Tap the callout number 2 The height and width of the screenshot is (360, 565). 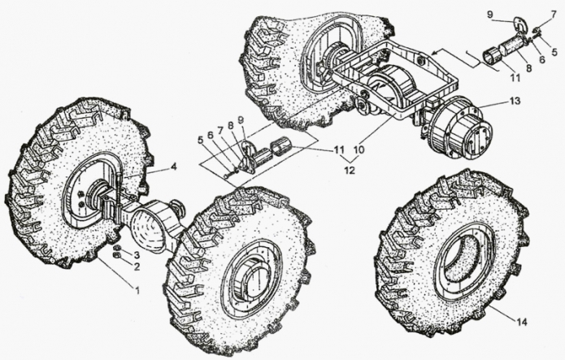[137, 267]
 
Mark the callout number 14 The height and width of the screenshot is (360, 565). [522, 322]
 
